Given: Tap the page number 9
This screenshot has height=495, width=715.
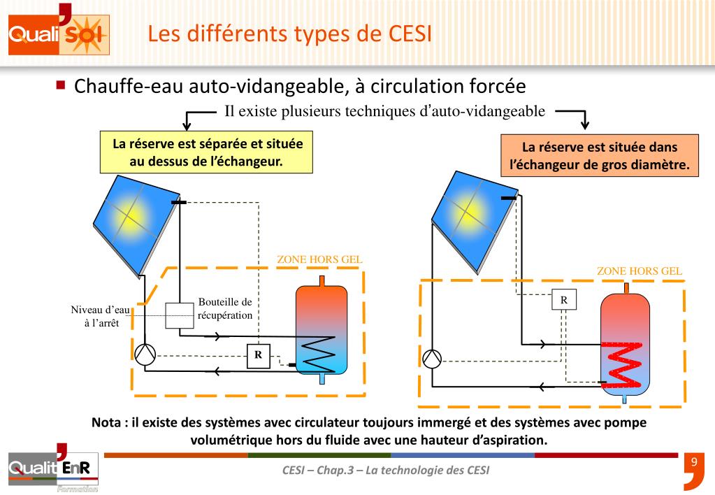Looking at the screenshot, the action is pyautogui.click(x=694, y=462).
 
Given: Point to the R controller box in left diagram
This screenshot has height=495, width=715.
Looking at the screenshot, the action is pyautogui.click(x=258, y=356).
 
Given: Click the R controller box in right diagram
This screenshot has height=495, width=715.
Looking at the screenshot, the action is pyautogui.click(x=564, y=300).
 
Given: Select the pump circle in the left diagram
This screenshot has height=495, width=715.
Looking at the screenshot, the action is pyautogui.click(x=145, y=355).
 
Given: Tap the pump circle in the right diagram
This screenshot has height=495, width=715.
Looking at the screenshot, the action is pyautogui.click(x=433, y=359).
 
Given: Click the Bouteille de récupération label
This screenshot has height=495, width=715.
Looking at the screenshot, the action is pyautogui.click(x=224, y=308).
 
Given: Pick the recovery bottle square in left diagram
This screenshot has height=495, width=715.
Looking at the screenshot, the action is pyautogui.click(x=179, y=315).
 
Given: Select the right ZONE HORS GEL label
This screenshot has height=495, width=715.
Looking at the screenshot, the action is pyautogui.click(x=639, y=271).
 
